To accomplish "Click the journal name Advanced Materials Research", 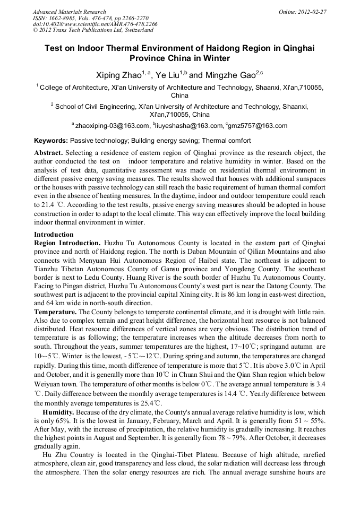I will click(69, 12).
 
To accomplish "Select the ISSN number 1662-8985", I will click(64, 18).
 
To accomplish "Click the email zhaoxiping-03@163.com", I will click(113, 126).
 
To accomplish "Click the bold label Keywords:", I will click(51, 141).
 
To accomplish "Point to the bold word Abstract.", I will click(48, 153).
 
